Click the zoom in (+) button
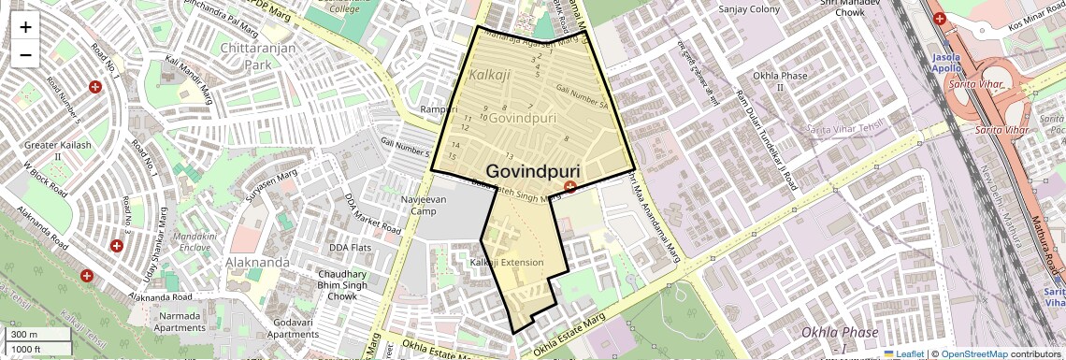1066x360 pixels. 25,27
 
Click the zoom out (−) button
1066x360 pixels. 25,54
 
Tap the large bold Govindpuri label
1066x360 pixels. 533,172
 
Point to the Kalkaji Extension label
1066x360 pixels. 508,263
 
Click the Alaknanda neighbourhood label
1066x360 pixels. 258,262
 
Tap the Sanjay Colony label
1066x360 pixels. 748,9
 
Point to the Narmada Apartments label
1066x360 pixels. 178,322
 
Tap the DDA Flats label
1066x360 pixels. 351,248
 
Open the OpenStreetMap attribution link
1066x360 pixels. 974,353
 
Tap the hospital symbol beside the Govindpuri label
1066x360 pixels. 570,188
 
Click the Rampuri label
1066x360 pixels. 439,109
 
